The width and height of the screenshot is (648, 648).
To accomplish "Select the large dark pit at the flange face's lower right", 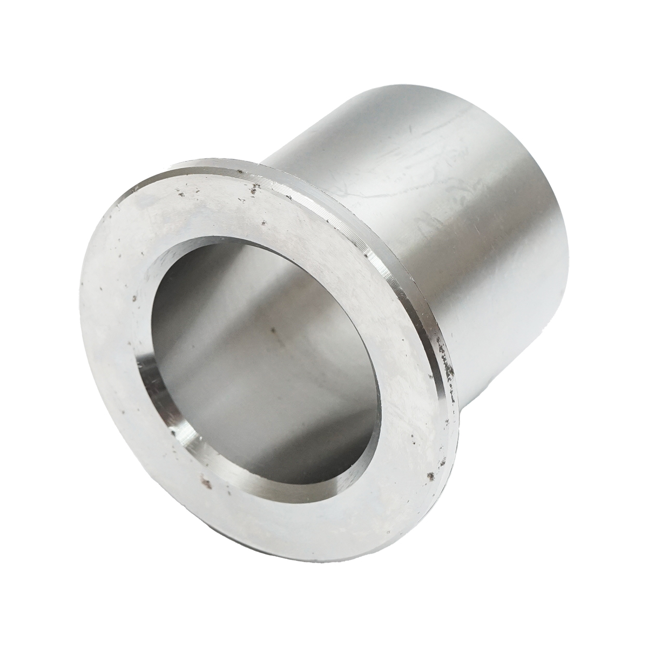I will click(430, 476).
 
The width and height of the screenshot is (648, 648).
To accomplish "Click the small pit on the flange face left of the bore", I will click(132, 296).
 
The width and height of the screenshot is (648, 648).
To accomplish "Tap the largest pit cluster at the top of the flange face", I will click(252, 188).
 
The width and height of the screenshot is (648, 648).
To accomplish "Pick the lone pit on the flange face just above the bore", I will click(263, 222).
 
